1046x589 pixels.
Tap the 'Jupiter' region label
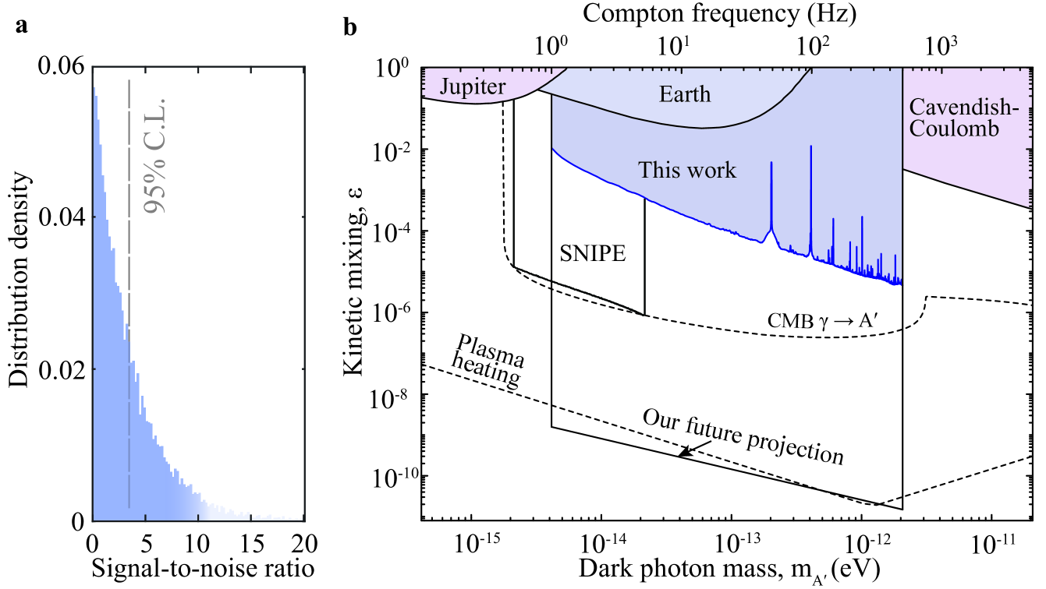point(472,86)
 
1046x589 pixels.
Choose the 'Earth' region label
point(684,94)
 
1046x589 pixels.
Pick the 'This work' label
point(686,169)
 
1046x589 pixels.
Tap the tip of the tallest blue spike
point(811,146)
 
